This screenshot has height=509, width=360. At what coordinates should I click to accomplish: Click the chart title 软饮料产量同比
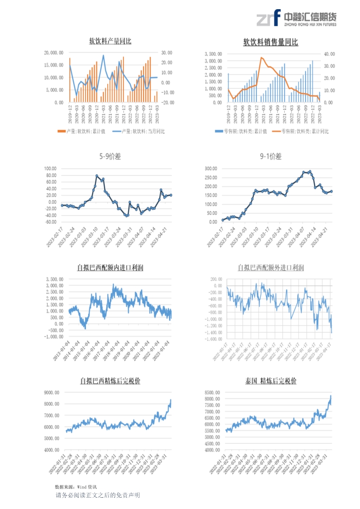point(110,41)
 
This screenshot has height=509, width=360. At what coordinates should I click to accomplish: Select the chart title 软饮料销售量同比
point(271,42)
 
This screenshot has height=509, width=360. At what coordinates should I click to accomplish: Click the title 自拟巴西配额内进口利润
point(110,268)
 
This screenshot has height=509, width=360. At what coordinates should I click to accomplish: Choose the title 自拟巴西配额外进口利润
point(271,268)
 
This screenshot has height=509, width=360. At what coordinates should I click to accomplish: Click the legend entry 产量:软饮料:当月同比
point(139,131)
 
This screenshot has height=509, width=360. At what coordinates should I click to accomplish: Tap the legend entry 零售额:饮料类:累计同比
point(300,131)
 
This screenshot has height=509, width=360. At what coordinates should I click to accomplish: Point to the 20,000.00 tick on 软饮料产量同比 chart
point(54,53)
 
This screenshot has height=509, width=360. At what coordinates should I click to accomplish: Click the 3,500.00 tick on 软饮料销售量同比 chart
point(214,54)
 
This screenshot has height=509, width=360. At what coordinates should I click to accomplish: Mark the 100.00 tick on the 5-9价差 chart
point(51,169)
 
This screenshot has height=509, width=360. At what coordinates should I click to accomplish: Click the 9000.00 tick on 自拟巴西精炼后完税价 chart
point(52,393)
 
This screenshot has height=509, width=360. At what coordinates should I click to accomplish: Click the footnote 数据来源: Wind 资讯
point(76,486)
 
